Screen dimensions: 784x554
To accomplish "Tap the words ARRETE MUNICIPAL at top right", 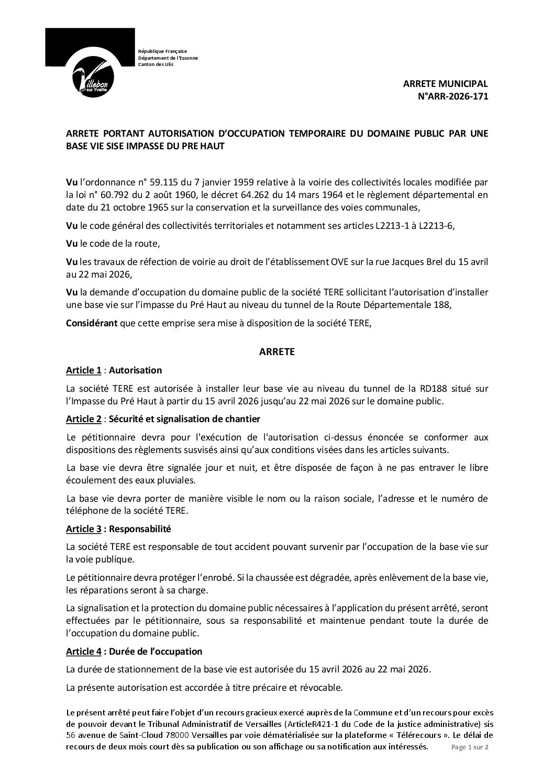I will tap(445, 84).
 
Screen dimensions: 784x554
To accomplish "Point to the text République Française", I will tap(159, 51).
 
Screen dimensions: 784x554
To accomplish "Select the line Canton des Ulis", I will tap(154, 64).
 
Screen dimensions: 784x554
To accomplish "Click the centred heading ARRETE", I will tap(277, 352).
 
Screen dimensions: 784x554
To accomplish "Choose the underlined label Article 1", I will tap(84, 370).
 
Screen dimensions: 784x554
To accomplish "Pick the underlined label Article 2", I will tap(84, 419).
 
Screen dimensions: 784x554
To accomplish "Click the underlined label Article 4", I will tap(84, 652).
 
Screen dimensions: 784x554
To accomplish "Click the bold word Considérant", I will tap(92, 324).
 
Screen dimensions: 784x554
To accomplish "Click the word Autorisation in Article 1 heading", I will tap(137, 370).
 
